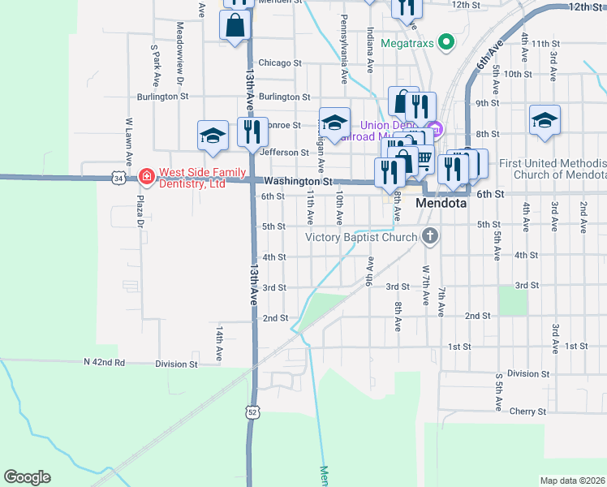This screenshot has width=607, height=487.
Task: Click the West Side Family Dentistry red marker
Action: click(x=146, y=175)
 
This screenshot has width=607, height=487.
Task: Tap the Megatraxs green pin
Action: click(x=445, y=41)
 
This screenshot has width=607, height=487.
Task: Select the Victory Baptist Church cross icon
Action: click(x=430, y=237)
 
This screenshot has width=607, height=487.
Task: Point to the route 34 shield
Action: click(x=119, y=177)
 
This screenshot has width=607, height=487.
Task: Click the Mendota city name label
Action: click(x=441, y=203)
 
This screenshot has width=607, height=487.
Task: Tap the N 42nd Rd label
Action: click(x=104, y=362)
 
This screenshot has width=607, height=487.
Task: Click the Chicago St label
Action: click(x=279, y=62)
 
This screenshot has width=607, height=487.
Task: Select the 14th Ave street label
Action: click(x=219, y=344)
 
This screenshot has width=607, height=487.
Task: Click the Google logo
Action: click(x=27, y=477)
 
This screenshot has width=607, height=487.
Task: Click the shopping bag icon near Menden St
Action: click(x=235, y=24)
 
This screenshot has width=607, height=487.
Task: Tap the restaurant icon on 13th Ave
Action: click(x=252, y=131)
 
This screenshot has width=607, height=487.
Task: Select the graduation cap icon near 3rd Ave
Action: click(x=545, y=120)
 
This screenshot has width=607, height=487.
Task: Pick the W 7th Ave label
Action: click(x=425, y=283)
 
